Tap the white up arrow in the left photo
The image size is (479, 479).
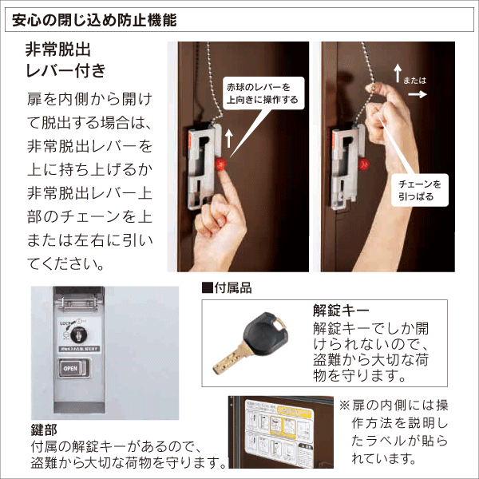click(x=230, y=137)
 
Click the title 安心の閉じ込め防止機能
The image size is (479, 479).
click(x=96, y=17)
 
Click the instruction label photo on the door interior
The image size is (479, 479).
click(x=279, y=430)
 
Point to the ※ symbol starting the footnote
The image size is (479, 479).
click(x=345, y=405)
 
